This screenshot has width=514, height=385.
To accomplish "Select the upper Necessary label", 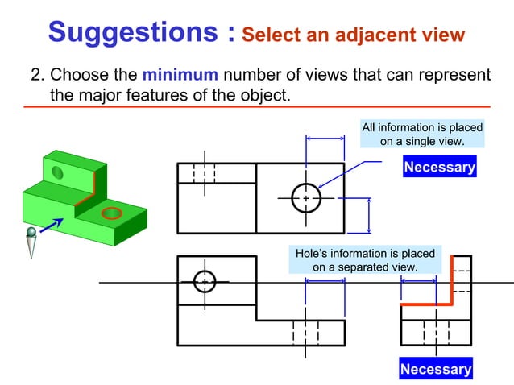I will pos(439,168).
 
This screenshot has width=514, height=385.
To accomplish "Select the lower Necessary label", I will pos(437,370).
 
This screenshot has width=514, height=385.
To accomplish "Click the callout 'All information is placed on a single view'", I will pos(422,135).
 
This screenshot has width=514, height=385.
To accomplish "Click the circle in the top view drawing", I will pos(306,197).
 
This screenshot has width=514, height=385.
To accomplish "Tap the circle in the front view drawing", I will pos(205,281).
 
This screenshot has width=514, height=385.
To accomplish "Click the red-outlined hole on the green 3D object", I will pos(111,213).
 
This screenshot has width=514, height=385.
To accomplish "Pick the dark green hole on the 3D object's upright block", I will pos(58,172).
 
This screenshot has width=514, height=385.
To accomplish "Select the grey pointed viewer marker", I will pos(31,242).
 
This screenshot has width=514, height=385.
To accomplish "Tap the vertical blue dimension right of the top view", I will pos(369,214).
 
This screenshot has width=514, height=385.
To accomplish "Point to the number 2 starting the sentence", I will pos(36,76).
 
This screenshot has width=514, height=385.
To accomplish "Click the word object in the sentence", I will pos(263,96).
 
